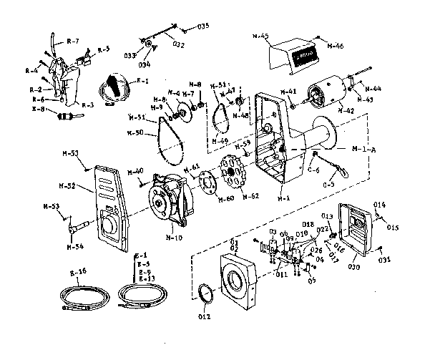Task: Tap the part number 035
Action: (x=204, y=26)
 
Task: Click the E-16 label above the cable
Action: (x=78, y=273)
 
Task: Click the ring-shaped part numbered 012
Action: (x=206, y=294)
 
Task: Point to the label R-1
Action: (x=142, y=81)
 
